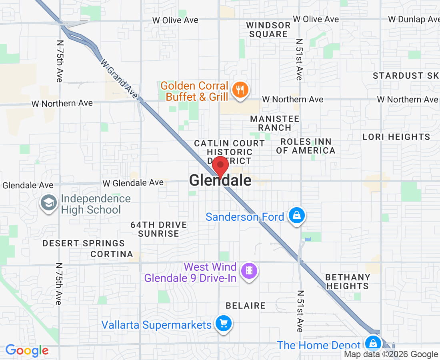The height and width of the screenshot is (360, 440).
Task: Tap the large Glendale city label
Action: point(220,180)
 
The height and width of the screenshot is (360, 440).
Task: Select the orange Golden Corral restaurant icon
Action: point(240,90)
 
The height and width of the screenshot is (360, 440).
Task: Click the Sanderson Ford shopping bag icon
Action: point(297,216)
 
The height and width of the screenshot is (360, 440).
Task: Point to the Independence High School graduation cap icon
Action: point(49,203)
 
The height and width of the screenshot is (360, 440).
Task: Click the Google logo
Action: point(27,351)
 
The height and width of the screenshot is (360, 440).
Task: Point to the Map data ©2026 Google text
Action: point(391,354)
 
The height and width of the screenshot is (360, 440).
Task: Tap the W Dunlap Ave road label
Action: point(414,19)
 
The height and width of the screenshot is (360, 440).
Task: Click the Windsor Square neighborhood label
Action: point(268,30)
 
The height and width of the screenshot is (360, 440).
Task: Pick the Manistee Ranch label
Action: point(274,123)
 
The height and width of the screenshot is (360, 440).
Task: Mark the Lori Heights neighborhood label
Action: point(396,137)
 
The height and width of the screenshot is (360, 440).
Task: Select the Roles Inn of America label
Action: point(306,146)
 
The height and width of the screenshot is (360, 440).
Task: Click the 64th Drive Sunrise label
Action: point(159,229)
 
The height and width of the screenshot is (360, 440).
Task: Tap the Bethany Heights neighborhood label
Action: point(347,282)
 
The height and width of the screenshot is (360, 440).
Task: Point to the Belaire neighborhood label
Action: point(246,306)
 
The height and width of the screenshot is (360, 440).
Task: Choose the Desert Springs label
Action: point(84,243)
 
